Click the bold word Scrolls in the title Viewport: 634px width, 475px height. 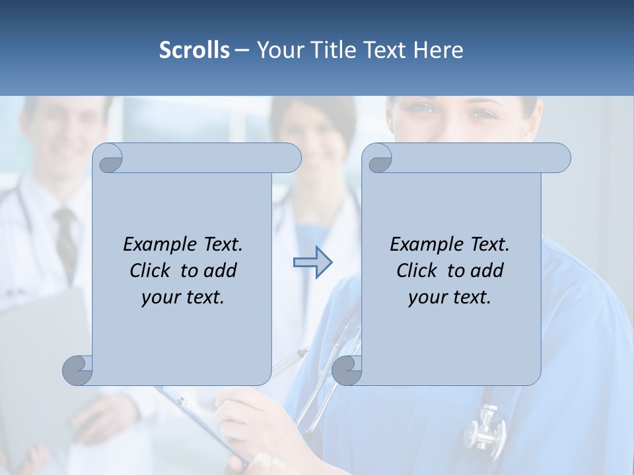194,50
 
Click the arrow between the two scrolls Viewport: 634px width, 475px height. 312,263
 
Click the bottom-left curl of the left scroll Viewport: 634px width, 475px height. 78,370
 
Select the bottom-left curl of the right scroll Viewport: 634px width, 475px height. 347,370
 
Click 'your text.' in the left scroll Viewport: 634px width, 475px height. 183,298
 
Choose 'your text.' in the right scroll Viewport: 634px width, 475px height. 450,298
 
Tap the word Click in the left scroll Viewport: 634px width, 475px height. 149,270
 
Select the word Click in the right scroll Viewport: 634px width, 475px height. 416,270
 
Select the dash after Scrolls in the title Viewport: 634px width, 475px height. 242,50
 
